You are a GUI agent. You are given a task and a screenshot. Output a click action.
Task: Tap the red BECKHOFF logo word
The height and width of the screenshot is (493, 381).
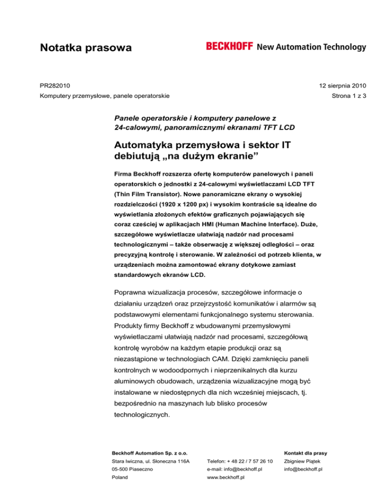(x=230, y=47)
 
